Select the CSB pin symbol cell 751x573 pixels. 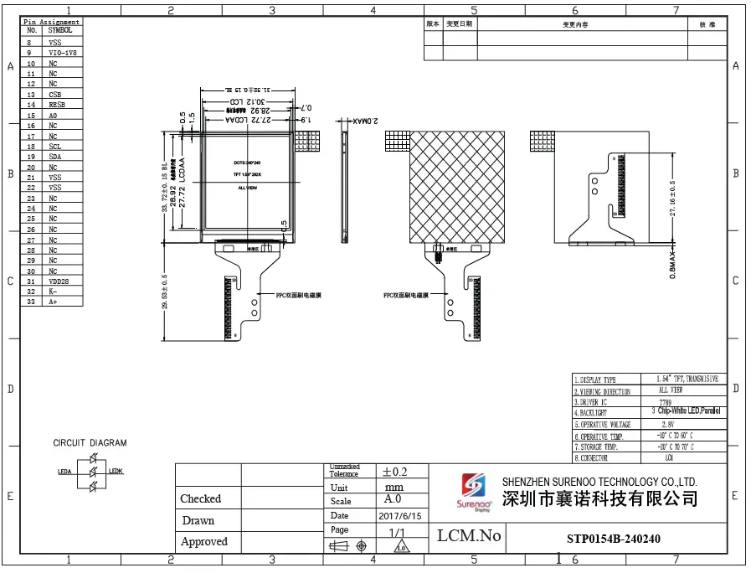coord(55,95)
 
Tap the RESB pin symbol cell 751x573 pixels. coord(57,105)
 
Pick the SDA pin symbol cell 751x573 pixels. coord(55,157)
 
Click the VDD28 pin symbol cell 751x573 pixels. coord(59,281)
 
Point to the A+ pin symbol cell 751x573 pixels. coord(53,302)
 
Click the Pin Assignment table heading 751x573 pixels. coord(51,22)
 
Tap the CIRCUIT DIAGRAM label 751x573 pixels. coord(90,442)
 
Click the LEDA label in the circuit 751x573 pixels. coord(64,472)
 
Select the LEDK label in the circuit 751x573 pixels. coord(116,472)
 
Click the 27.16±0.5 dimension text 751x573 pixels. coord(671,199)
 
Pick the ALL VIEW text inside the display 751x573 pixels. coord(247,188)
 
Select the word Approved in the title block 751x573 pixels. coord(204,542)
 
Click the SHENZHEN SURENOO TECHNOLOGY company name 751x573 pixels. coord(599,482)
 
